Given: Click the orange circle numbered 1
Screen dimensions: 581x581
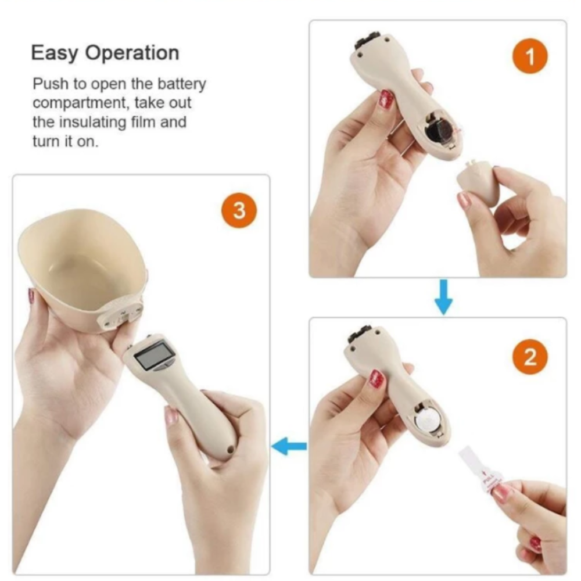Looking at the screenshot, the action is tap(530, 56).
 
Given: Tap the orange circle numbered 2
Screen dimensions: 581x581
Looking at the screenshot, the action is tap(530, 357).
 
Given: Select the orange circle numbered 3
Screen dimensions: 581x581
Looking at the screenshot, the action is tap(239, 210).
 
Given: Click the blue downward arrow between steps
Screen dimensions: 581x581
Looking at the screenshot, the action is tap(443, 297).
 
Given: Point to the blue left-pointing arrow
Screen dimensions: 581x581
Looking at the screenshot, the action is tap(289, 446).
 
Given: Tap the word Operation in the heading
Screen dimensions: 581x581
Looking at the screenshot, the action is tap(132, 53).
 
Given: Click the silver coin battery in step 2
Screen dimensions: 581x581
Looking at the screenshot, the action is tap(428, 421).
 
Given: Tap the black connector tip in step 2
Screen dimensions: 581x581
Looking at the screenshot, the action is tap(361, 333).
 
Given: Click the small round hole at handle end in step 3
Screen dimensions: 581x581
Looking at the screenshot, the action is tap(231, 450).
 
